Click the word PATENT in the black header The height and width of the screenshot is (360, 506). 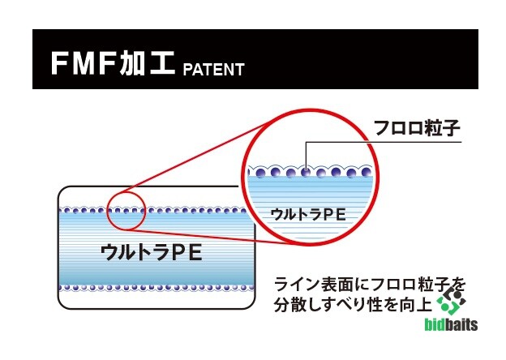[213, 70]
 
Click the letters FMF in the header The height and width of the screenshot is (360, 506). [83, 63]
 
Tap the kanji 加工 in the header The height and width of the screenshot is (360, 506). [147, 63]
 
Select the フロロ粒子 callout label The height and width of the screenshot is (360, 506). [416, 128]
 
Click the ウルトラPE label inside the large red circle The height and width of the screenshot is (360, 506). [308, 214]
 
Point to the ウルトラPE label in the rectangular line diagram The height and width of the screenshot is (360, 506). [152, 252]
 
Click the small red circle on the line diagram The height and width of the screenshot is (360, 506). [126, 211]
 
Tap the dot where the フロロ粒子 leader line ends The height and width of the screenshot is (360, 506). [306, 173]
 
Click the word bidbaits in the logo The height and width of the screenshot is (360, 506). [451, 324]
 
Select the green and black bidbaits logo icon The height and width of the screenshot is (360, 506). [451, 303]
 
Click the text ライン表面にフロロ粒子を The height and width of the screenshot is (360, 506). [370, 285]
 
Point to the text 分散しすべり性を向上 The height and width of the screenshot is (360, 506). [353, 304]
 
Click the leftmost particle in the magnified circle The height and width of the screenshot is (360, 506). [260, 174]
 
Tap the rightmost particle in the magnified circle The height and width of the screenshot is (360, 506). [366, 172]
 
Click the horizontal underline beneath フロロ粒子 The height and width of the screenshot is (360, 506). [384, 142]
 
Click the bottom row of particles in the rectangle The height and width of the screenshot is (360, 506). [157, 287]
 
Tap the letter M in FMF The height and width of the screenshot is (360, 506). [83, 63]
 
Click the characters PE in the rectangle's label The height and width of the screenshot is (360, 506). [187, 252]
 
